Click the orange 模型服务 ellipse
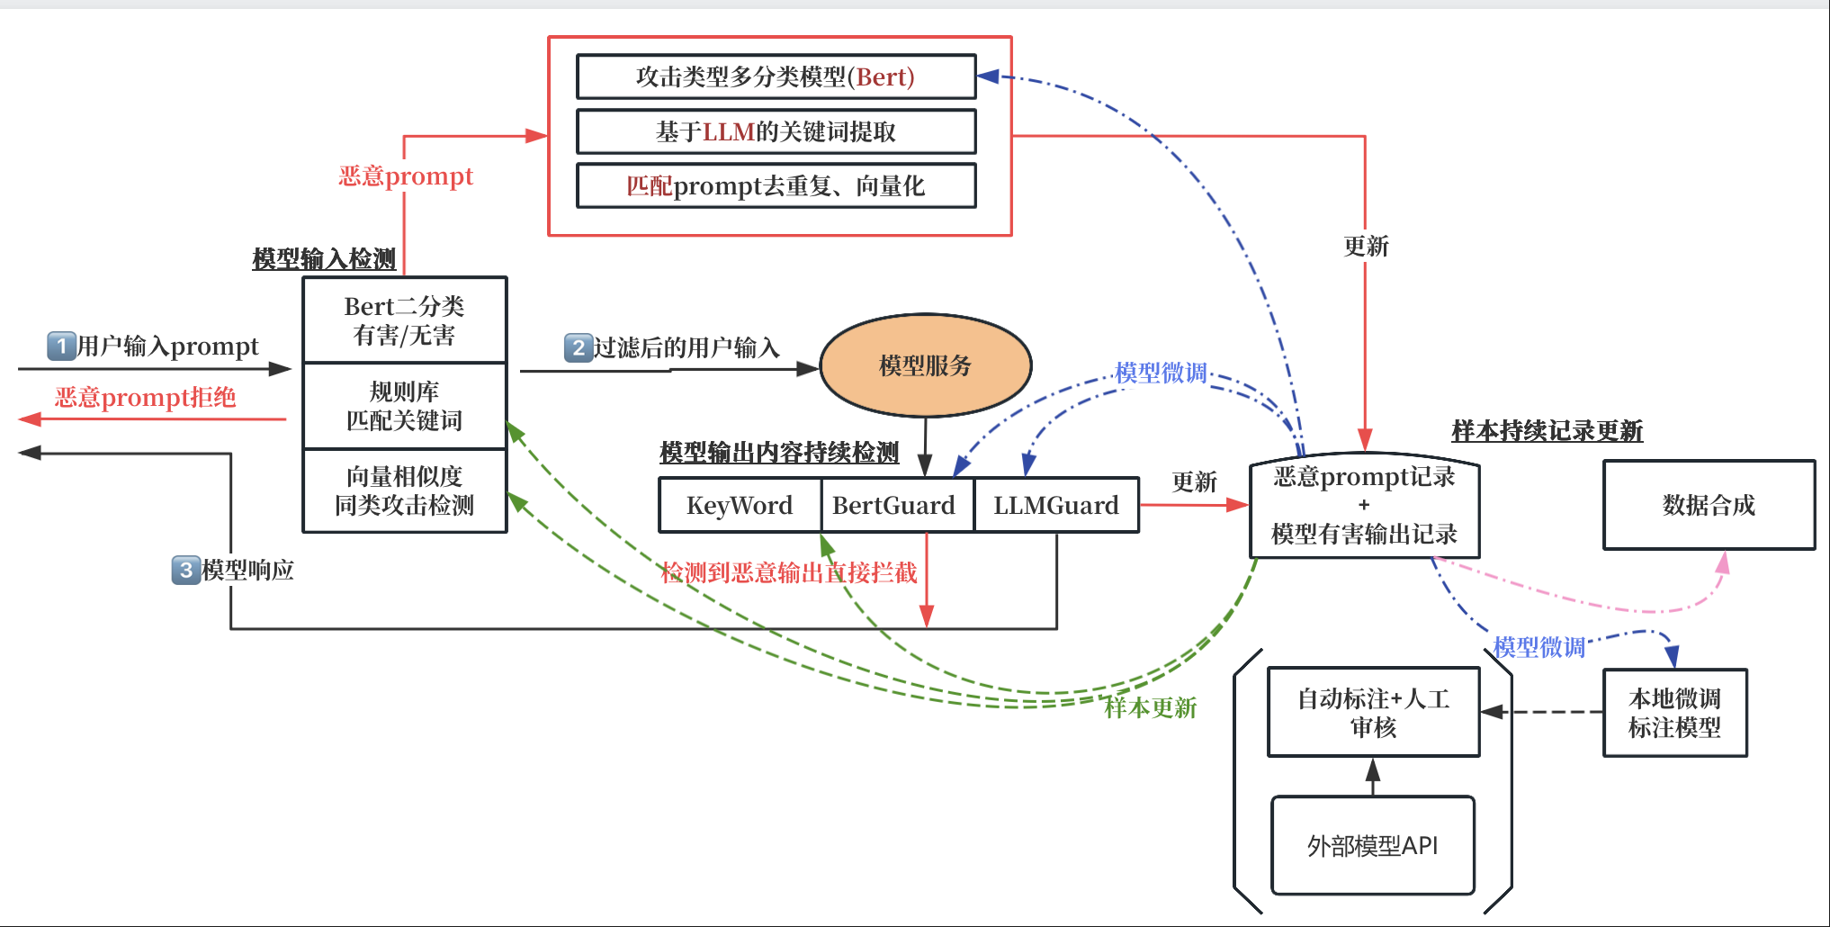point(925,365)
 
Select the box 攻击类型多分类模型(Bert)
point(776,77)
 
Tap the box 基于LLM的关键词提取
point(776,132)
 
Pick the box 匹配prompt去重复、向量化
point(776,186)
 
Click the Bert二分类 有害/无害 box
point(405,320)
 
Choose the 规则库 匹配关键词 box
point(405,406)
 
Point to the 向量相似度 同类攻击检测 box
point(405,490)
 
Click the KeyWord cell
point(740,506)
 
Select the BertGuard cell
point(894,506)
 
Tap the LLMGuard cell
point(1056,506)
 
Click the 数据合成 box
point(1709,505)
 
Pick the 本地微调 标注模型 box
point(1674,713)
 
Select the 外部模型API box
point(1372,846)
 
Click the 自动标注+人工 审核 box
point(1373,712)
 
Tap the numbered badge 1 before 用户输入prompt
point(61,346)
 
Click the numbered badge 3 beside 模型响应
point(185,570)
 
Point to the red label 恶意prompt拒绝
point(145,398)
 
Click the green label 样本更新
point(1150,708)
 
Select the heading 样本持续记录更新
point(1547,431)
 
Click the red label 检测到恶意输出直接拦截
point(789,573)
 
